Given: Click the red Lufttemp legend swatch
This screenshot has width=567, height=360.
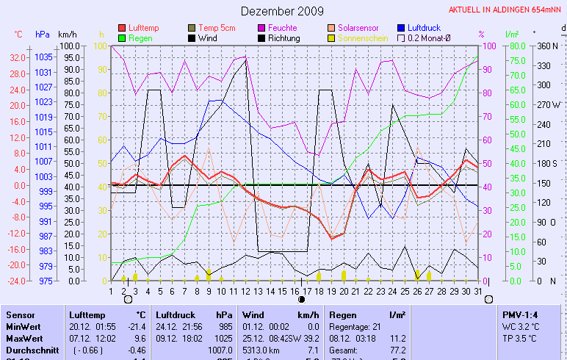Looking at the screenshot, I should pos(122,28).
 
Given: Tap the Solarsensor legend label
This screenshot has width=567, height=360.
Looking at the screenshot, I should pos(358,28).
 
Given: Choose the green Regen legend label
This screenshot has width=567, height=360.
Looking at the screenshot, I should pos(140,37).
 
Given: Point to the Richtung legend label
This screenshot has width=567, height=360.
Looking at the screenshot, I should pos(283,37).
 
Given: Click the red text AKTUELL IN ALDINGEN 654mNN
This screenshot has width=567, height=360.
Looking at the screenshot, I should pos(506,10).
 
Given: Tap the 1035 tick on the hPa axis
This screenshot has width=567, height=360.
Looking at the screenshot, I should pos(43,57).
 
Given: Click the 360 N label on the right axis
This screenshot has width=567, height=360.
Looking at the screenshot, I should pos(549,46).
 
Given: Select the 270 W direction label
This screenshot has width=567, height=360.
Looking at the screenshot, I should pos(549,104).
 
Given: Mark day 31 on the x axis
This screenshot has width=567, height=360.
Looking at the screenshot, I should pos(477,291).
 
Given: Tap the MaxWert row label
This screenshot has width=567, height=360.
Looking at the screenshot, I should pos(23,338).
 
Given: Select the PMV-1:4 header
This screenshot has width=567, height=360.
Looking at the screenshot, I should pos(520,314).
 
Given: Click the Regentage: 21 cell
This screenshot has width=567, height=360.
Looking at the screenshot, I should pos(358,326).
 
